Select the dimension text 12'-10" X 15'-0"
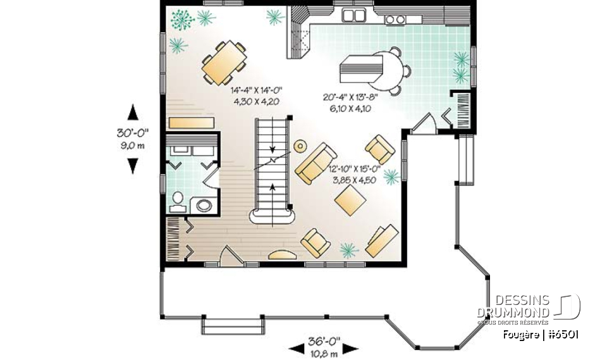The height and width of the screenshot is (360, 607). [355, 170]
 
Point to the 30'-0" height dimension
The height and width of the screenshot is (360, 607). [132, 133]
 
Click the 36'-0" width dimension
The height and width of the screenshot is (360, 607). [323, 341]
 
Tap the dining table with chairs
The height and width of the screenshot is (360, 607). [224, 63]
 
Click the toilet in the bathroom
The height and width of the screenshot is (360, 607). [177, 201]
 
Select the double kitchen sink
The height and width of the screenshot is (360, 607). [354, 15]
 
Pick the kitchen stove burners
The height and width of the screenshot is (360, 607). [395, 20]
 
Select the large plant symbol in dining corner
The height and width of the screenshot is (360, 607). [183, 19]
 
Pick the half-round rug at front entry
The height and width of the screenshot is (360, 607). [282, 256]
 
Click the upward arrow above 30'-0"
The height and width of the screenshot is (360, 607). [132, 113]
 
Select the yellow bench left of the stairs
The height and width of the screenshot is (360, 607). [190, 121]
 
